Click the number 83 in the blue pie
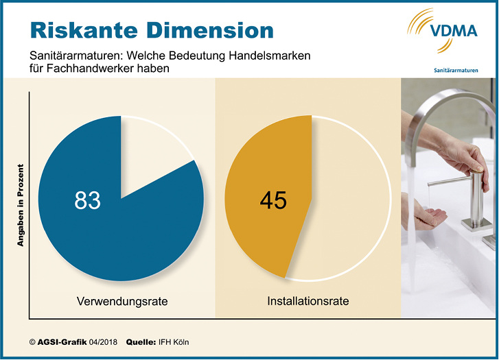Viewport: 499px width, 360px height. (87, 200)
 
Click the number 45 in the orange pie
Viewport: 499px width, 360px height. (273, 200)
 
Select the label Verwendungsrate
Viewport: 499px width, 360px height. (121, 300)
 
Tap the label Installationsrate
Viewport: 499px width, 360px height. (308, 300)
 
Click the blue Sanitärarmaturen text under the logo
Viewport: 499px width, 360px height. (456, 70)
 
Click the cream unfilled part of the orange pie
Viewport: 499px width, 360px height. (350, 206)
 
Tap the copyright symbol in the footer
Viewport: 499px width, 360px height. (32, 341)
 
